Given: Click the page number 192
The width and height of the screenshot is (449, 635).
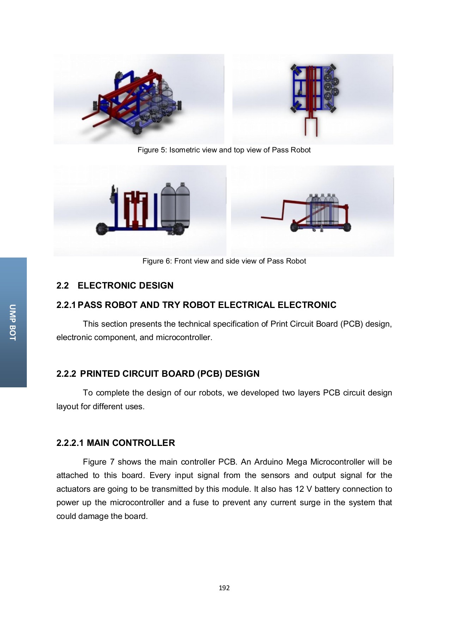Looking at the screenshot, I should click(224, 588).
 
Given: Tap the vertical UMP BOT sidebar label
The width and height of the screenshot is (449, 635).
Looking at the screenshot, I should click(13, 322).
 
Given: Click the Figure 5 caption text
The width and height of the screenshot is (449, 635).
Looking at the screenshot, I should click(224, 150).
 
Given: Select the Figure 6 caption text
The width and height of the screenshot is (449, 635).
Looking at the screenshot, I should click(224, 261).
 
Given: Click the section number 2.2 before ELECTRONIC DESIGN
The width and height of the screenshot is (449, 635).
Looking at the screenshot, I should click(62, 285).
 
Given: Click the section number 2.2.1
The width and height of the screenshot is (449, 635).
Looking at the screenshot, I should click(66, 305).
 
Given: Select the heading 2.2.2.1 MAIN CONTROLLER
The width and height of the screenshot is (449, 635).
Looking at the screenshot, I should click(115, 443).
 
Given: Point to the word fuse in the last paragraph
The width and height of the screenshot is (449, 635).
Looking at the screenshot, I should click(201, 502).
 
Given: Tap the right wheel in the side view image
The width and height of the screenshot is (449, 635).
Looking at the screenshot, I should click(345, 227).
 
